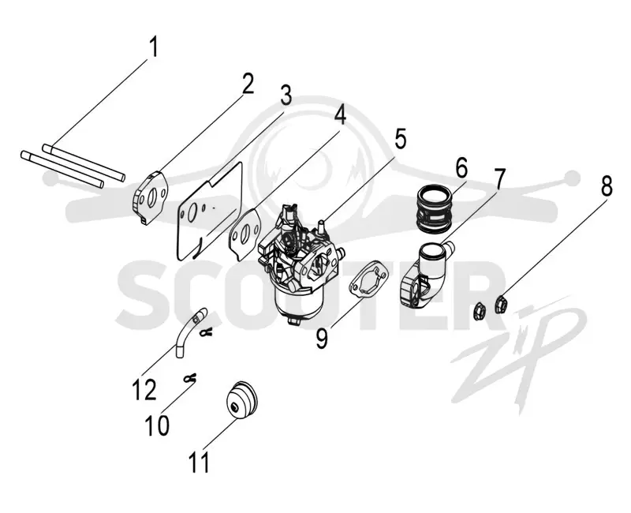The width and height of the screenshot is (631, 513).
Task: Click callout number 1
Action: (153, 47)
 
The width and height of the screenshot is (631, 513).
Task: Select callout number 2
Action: (247, 84)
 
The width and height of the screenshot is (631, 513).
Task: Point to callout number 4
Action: (339, 114)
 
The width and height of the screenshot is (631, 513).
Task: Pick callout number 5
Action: (399, 139)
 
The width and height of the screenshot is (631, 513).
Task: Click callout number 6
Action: (461, 168)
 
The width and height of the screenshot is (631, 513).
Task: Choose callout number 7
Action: (499, 179)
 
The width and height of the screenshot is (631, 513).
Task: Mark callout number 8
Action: (607, 186)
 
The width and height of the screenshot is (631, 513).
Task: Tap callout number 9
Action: (322, 339)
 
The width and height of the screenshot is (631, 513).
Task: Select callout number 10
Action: (157, 425)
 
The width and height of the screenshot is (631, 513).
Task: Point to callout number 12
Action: (144, 389)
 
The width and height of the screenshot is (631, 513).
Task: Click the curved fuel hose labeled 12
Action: (189, 331)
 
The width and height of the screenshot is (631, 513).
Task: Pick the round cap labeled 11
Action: (241, 400)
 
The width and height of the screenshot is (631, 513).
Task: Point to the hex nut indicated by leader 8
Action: (501, 305)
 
